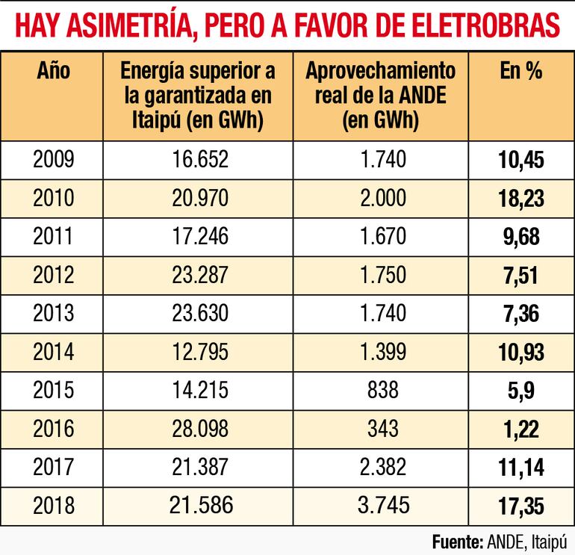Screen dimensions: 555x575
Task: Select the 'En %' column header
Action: pyautogui.click(x=520, y=71)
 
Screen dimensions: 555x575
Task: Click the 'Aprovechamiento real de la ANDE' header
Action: pyautogui.click(x=380, y=95)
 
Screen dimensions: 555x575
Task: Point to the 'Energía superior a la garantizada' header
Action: pyautogui.click(x=197, y=95)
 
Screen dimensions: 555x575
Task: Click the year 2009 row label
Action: pyautogui.click(x=54, y=159)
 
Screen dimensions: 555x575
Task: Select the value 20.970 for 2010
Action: pyautogui.click(x=198, y=198)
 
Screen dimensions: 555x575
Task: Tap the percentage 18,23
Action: pyautogui.click(x=521, y=198)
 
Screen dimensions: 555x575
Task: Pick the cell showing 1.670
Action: pyautogui.click(x=382, y=237)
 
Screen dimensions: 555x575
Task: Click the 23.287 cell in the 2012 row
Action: pyautogui.click(x=198, y=275)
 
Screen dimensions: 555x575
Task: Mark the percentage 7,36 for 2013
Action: pyautogui.click(x=521, y=314)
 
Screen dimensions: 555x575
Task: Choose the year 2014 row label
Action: pyautogui.click(x=54, y=352)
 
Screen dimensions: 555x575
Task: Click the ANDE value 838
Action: pyautogui.click(x=382, y=391)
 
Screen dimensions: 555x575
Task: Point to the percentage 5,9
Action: pyautogui.click(x=521, y=391)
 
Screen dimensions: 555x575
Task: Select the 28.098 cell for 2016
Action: pyautogui.click(x=198, y=429)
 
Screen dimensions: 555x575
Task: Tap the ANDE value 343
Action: pyautogui.click(x=382, y=429)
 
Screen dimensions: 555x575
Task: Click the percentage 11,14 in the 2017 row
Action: pyautogui.click(x=521, y=468)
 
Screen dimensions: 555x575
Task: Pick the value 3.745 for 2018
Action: pyautogui.click(x=382, y=506)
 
